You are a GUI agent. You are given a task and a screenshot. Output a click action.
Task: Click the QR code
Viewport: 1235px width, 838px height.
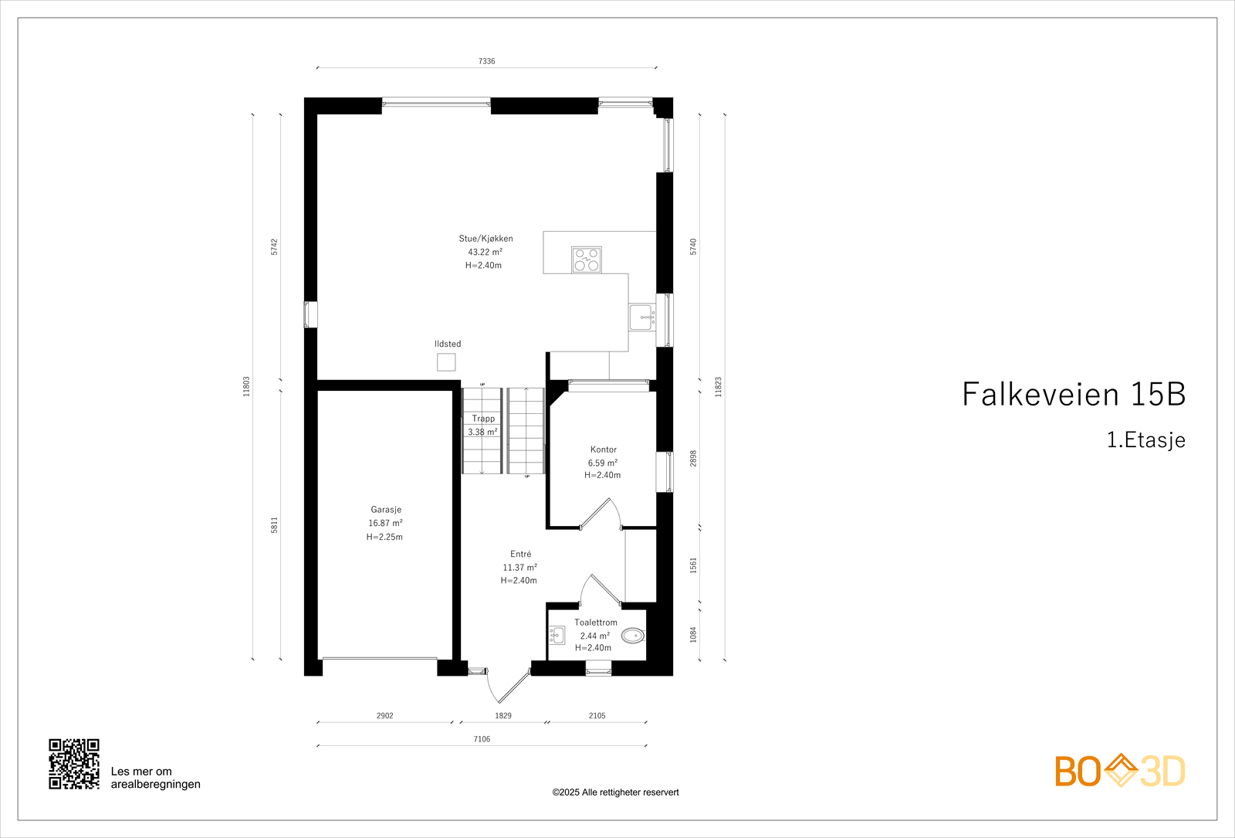point(74,764)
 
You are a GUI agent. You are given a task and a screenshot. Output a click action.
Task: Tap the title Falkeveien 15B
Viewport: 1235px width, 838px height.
point(1073,394)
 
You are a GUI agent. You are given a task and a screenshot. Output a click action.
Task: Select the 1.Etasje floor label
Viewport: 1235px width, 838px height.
point(1145,440)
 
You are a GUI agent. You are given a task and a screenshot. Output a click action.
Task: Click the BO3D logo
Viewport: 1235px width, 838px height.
point(1119,771)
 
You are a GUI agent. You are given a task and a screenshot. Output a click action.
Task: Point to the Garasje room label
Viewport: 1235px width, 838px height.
point(386,510)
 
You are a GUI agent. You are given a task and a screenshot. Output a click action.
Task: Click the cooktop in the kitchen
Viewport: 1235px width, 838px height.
point(586,260)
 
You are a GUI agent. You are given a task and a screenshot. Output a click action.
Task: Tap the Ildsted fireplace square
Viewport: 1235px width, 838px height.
point(446,361)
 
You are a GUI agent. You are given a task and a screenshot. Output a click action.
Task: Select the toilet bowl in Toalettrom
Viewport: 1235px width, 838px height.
point(633,636)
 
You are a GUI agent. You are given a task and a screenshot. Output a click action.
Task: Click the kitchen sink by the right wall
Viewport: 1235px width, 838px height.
point(641,317)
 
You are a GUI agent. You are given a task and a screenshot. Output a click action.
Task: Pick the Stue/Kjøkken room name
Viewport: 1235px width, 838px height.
point(486,239)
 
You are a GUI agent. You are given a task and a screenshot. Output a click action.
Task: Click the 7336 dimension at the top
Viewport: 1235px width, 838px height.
point(486,61)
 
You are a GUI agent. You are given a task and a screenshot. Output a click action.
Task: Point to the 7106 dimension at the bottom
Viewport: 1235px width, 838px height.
point(482,739)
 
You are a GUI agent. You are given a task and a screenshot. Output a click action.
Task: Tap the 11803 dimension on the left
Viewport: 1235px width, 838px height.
point(247,386)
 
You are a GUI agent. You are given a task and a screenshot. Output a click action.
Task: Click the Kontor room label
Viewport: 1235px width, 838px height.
point(604,450)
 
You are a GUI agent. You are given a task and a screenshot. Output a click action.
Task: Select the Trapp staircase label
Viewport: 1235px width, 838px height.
point(483,419)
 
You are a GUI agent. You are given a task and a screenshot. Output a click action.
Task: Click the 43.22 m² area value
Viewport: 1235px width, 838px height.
point(485,252)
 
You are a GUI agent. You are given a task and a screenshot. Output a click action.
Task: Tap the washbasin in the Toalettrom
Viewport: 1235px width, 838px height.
point(557,636)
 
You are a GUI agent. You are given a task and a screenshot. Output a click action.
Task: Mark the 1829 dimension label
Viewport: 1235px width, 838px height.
point(503,716)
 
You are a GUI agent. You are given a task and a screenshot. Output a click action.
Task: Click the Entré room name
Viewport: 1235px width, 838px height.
point(521,554)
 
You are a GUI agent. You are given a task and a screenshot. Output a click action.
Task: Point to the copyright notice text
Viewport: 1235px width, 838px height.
point(615,792)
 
